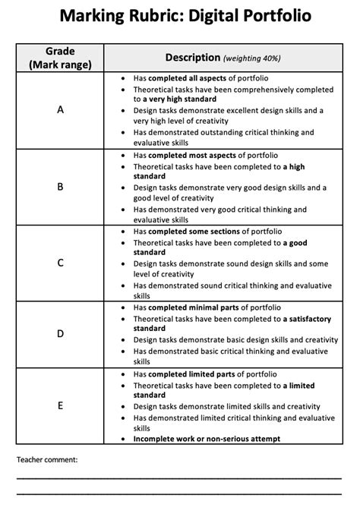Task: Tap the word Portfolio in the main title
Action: [270, 16]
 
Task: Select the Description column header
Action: [192, 58]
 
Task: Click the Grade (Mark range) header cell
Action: [60, 58]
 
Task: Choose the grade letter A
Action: [60, 110]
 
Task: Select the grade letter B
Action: [60, 187]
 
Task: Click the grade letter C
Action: [60, 263]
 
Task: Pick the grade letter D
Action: [60, 334]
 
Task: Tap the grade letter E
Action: [60, 405]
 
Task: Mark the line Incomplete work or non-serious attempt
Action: [207, 439]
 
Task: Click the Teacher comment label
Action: [47, 459]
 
